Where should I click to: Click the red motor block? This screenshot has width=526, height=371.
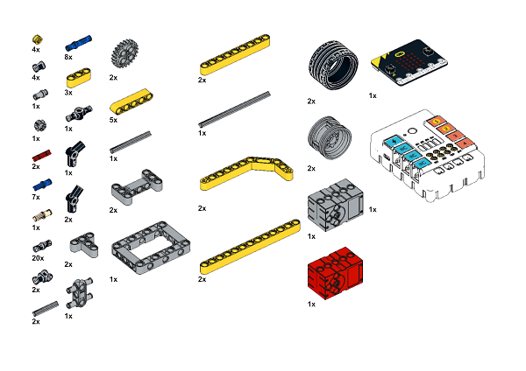[335, 272]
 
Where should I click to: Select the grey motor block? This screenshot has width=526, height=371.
[335, 204]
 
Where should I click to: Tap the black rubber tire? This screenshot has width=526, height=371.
[333, 65]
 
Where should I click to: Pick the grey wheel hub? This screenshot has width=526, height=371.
[330, 137]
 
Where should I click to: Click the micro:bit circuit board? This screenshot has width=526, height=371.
[409, 62]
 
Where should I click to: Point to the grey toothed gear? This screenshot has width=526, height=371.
[124, 53]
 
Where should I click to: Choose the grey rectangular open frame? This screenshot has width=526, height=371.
[151, 248]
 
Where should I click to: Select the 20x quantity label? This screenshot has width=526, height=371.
[38, 258]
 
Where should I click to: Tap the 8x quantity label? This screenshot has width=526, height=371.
[68, 57]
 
